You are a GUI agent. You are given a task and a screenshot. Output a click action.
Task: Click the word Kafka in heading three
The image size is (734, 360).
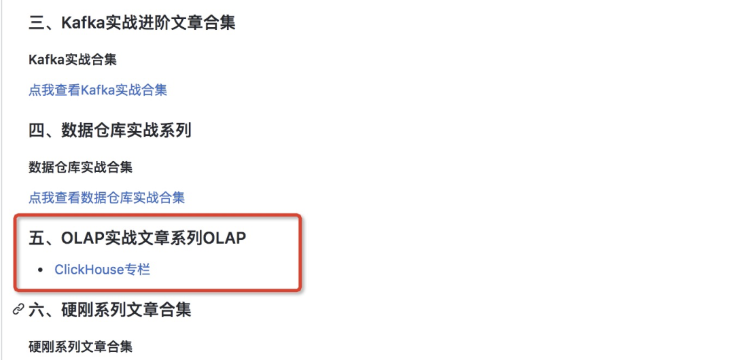(x=82, y=22)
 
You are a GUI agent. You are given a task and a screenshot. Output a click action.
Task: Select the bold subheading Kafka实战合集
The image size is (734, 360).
(x=73, y=60)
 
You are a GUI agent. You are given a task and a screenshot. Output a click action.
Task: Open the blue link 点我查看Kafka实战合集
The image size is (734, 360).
(x=98, y=90)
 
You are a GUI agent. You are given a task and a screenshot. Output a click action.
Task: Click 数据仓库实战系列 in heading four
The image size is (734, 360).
(x=126, y=130)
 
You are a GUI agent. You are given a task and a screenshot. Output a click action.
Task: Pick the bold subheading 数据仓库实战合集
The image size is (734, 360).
(x=80, y=167)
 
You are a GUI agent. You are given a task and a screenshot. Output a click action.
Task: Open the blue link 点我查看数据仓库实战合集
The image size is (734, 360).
(x=107, y=198)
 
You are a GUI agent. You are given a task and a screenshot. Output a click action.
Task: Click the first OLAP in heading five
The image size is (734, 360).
(x=83, y=238)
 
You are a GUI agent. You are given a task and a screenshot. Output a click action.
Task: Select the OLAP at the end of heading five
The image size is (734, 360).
(x=225, y=238)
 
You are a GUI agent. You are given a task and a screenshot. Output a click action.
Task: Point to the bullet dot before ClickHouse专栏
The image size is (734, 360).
(x=41, y=270)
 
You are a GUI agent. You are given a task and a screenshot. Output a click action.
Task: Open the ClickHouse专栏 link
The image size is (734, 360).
(x=103, y=270)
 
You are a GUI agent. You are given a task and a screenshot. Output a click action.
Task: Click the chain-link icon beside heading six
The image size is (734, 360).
(x=18, y=310)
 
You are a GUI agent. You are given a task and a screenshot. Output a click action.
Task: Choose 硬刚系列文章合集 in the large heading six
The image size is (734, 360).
(x=126, y=310)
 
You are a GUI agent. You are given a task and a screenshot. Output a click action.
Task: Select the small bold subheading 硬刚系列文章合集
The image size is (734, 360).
(x=80, y=346)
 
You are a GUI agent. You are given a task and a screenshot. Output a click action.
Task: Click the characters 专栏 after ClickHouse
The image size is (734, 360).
(x=138, y=270)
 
